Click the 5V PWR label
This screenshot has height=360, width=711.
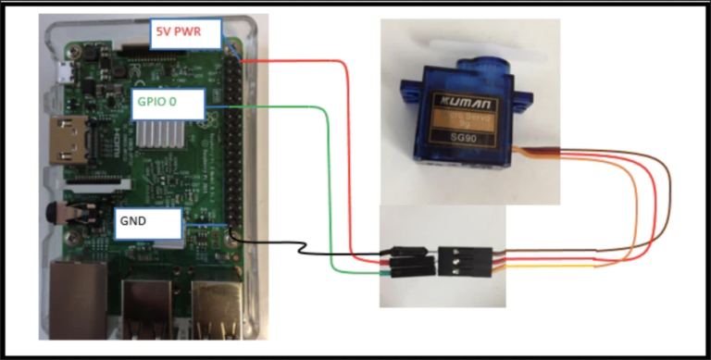click(185, 34)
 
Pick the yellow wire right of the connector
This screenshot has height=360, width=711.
click(555, 267)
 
